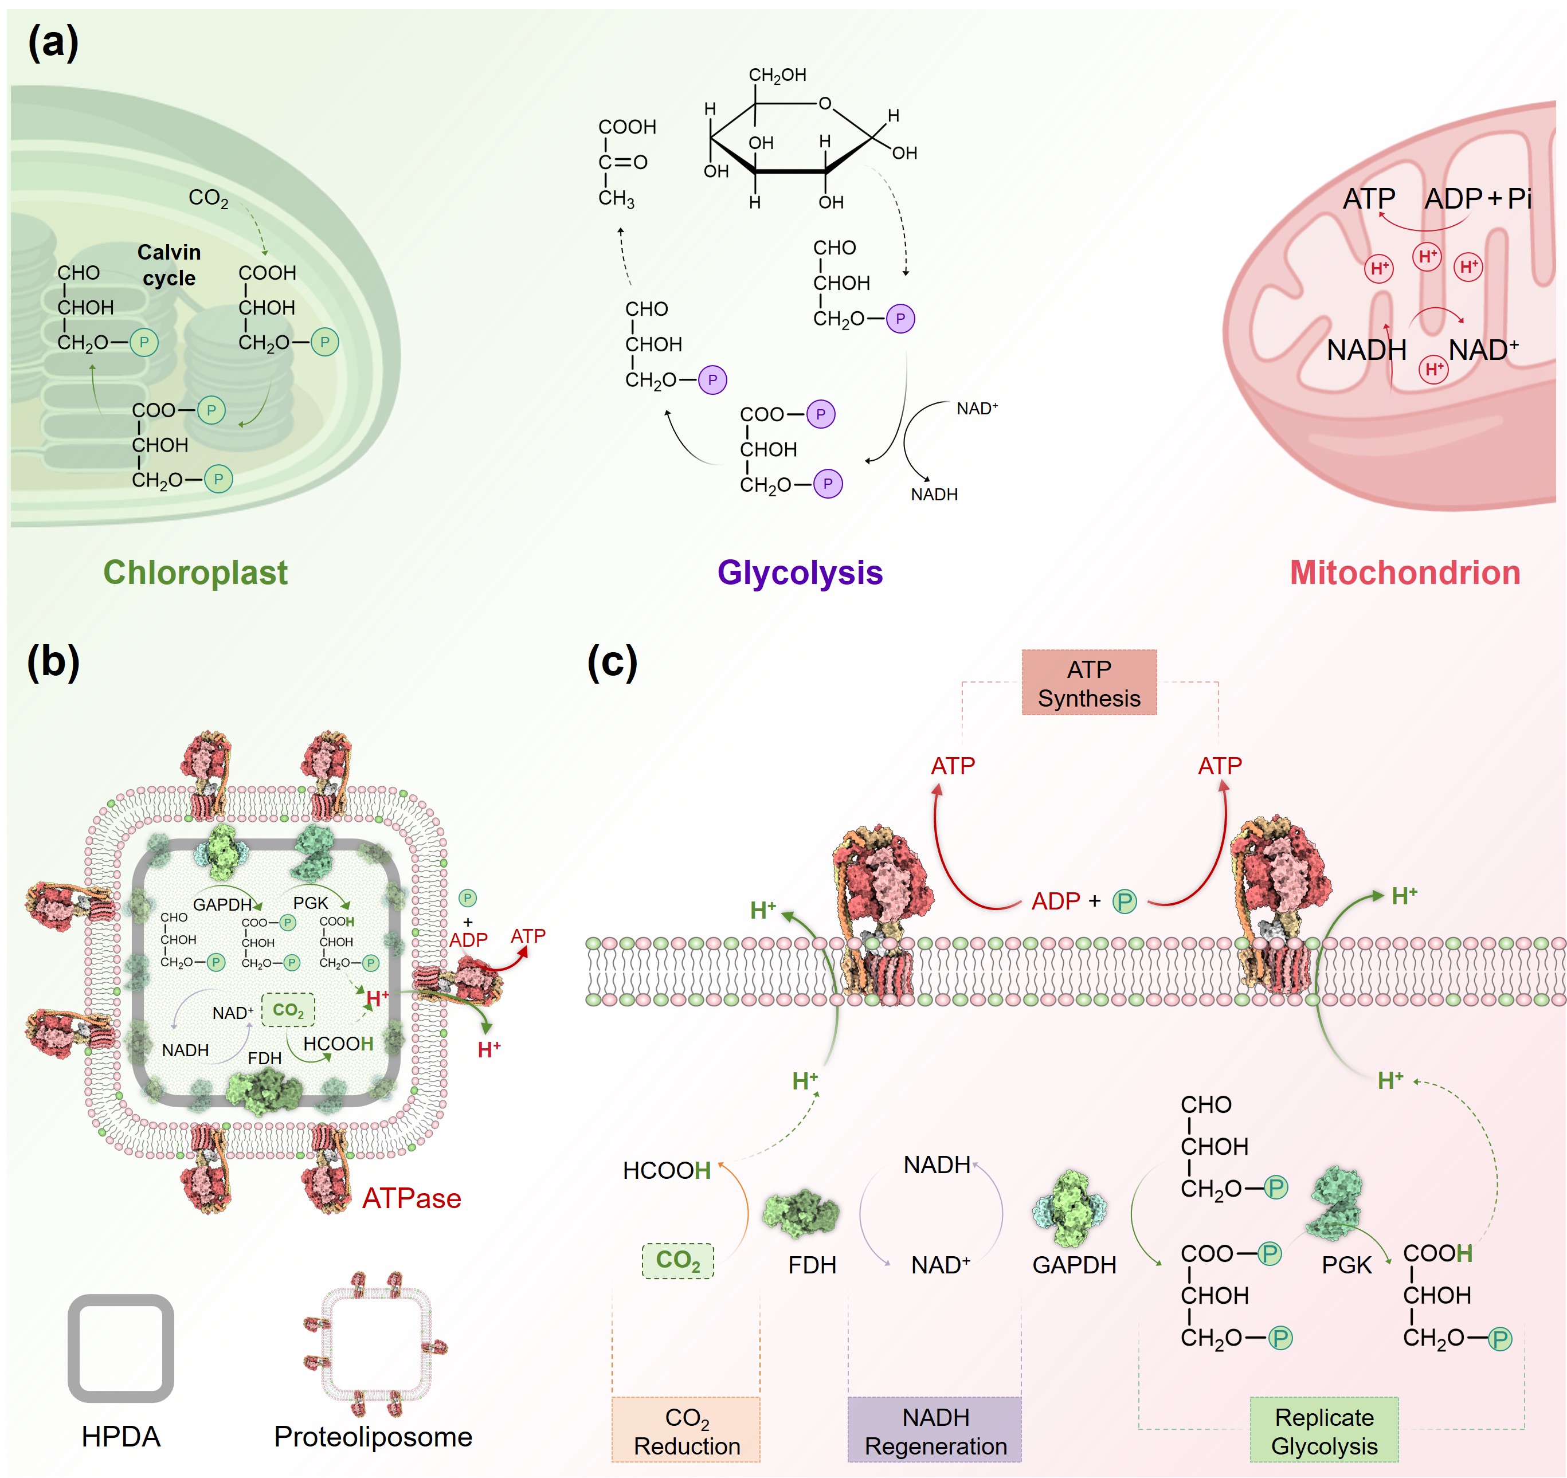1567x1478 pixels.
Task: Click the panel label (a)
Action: point(53,42)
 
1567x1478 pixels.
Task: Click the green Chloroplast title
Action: point(195,573)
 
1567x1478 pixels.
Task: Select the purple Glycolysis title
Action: point(800,573)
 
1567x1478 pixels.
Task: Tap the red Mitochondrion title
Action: point(1405,573)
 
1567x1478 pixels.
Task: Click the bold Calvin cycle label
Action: point(169,265)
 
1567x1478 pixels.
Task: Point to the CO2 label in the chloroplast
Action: point(208,198)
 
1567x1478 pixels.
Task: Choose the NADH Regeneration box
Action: point(935,1430)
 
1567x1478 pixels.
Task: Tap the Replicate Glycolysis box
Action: point(1324,1430)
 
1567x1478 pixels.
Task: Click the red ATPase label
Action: point(412,1198)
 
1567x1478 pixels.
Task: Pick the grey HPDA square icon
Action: point(120,1348)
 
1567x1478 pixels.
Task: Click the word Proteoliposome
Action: point(373,1436)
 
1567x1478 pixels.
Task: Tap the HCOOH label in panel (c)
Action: point(667,1171)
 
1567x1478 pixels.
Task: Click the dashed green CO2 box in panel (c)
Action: point(678,1260)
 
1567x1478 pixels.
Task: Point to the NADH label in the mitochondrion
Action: point(1366,350)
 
